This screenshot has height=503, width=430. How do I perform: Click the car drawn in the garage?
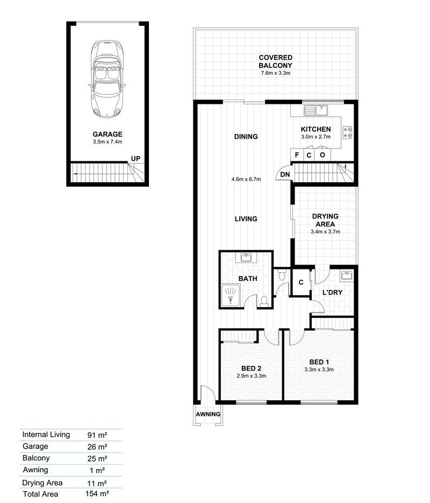click(x=107, y=79)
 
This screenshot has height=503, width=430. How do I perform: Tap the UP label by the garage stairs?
click(x=135, y=159)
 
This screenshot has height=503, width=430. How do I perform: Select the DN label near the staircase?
click(x=285, y=174)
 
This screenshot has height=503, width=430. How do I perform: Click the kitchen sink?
click(x=316, y=110)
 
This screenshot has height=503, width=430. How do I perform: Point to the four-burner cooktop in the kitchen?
click(x=347, y=132)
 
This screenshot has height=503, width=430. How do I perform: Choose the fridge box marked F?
click(x=296, y=154)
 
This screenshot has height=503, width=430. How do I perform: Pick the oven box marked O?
click(x=322, y=154)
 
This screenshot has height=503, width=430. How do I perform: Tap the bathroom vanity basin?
click(x=246, y=257)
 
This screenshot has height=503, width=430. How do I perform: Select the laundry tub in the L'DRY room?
click(x=347, y=275)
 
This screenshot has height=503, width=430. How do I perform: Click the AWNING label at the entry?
click(x=208, y=414)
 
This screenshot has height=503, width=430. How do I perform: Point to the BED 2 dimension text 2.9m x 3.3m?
click(x=251, y=376)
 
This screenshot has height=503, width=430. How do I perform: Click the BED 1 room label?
click(x=319, y=362)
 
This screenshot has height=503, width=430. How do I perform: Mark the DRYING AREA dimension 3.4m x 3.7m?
click(x=325, y=232)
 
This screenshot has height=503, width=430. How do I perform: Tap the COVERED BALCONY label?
click(x=276, y=61)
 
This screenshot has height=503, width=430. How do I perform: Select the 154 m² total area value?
click(x=97, y=493)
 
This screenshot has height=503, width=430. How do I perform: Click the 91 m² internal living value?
click(x=97, y=435)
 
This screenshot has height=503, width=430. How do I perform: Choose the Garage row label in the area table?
click(x=35, y=446)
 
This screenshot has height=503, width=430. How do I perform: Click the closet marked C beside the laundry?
click(x=301, y=282)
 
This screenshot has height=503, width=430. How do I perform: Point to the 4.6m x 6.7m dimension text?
click(x=246, y=179)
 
